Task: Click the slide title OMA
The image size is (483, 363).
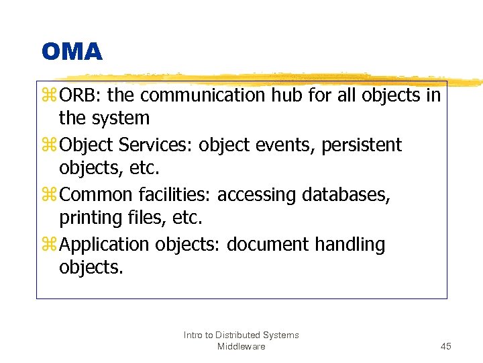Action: (x=72, y=52)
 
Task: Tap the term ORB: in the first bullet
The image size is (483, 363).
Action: (x=80, y=96)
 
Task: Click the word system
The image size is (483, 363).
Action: (x=123, y=119)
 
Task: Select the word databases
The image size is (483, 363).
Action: (x=346, y=195)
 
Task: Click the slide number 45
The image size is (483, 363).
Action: (x=446, y=346)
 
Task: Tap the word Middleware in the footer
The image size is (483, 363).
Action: (x=241, y=346)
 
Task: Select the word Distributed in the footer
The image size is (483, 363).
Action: (x=238, y=335)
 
